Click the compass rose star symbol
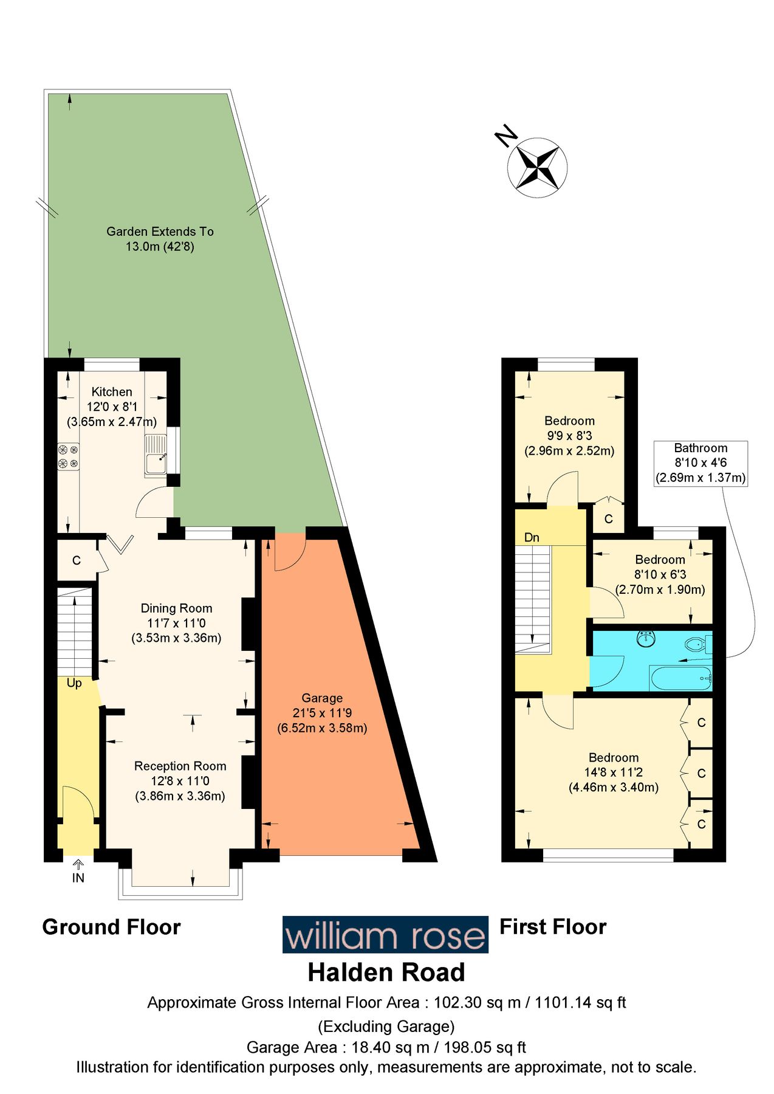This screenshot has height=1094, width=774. pos(537,167)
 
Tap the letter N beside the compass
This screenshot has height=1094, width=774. pos(505,137)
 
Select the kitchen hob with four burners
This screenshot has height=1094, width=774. pos(68,456)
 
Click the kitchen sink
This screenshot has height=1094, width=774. pos(156,456)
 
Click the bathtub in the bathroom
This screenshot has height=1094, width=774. pos(680,677)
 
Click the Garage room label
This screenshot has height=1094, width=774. pos(322,698)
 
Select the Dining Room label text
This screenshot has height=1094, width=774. pos(176,608)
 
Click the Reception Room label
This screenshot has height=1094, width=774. pos(180,766)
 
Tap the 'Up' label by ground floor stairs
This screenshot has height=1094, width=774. pos(74,683)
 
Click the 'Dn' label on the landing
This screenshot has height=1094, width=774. pos(532,537)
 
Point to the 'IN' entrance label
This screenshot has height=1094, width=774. pos(78,878)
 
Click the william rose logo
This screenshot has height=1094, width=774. pos(385,935)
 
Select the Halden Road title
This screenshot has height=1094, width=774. pos(386,972)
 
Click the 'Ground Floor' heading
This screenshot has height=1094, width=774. pos(111,927)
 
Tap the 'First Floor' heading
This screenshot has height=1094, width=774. pos(553,927)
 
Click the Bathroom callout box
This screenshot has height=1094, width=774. pos(700,463)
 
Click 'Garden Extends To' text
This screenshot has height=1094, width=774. pos(160,232)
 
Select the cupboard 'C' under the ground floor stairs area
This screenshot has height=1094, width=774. pos(77,560)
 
